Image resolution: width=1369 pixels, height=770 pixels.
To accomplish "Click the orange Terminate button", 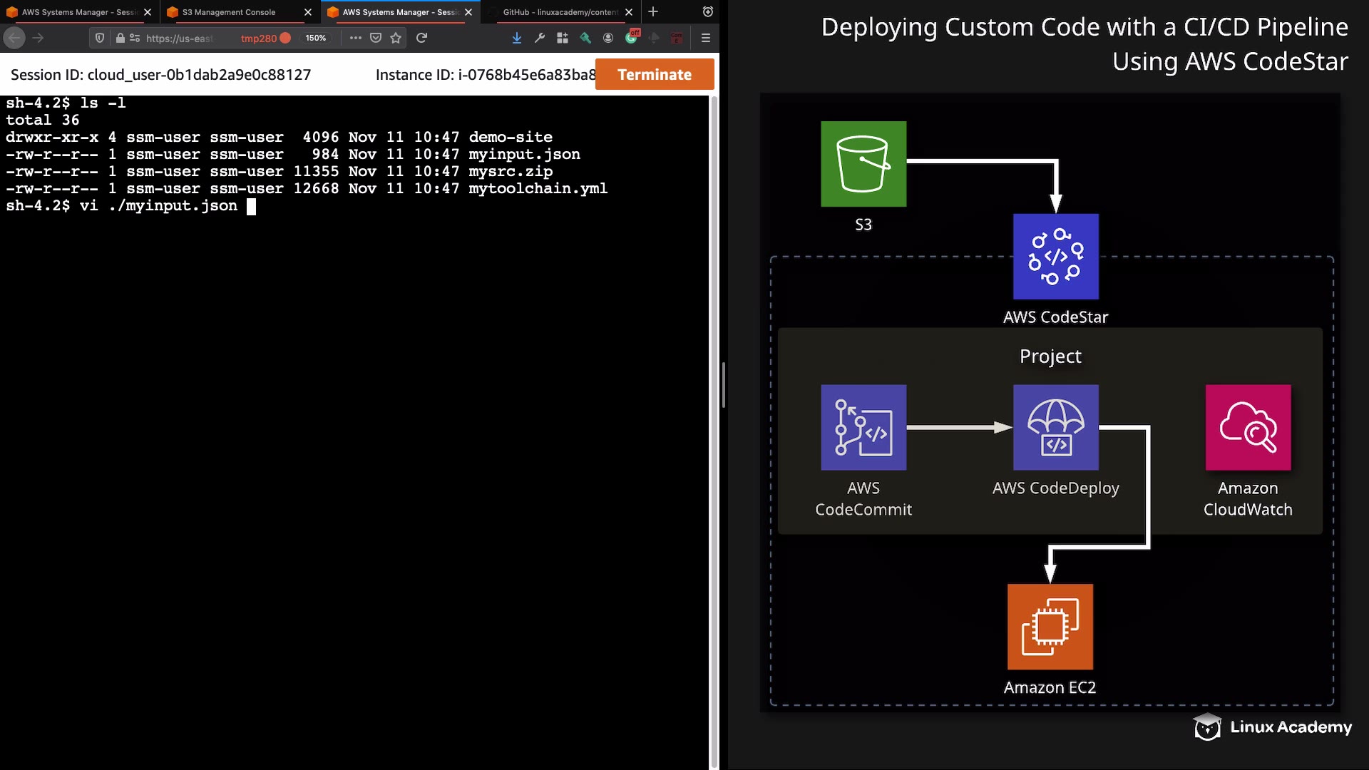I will tap(654, 74).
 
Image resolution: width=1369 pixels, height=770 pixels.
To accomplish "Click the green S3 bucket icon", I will tap(863, 164).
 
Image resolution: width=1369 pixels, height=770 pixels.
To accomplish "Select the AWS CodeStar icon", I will tap(1055, 257).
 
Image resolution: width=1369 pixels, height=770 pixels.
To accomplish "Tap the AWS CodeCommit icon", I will tap(863, 428).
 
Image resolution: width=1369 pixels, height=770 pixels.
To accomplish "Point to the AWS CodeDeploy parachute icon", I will tap(1055, 428).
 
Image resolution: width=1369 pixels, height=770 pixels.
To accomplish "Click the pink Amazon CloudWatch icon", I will tap(1248, 428).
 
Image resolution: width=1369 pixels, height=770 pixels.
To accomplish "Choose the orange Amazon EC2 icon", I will tap(1050, 627).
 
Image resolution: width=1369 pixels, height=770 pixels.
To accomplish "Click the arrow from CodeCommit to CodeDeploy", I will tap(959, 428).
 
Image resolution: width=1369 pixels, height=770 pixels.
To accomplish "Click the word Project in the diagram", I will tap(1050, 356).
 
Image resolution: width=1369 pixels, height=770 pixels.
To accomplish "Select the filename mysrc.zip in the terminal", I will tap(511, 172).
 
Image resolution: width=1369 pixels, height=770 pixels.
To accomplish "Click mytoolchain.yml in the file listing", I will tap(538, 189).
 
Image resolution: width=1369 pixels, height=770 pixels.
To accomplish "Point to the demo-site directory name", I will tap(511, 138).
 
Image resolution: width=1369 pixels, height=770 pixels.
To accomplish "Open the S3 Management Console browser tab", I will tap(228, 12).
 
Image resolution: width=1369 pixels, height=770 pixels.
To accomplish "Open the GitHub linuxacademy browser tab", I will tap(560, 12).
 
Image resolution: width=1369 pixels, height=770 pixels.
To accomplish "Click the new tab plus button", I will tap(653, 12).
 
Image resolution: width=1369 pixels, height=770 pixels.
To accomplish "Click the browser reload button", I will tap(421, 38).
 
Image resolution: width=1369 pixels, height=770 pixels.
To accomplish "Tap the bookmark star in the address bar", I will tap(396, 38).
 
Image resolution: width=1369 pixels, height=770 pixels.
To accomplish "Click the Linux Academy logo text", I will tap(1291, 727).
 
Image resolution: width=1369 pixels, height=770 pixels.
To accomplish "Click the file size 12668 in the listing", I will tap(316, 189).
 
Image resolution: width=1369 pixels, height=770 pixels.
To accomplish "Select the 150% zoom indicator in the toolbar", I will tap(315, 38).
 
